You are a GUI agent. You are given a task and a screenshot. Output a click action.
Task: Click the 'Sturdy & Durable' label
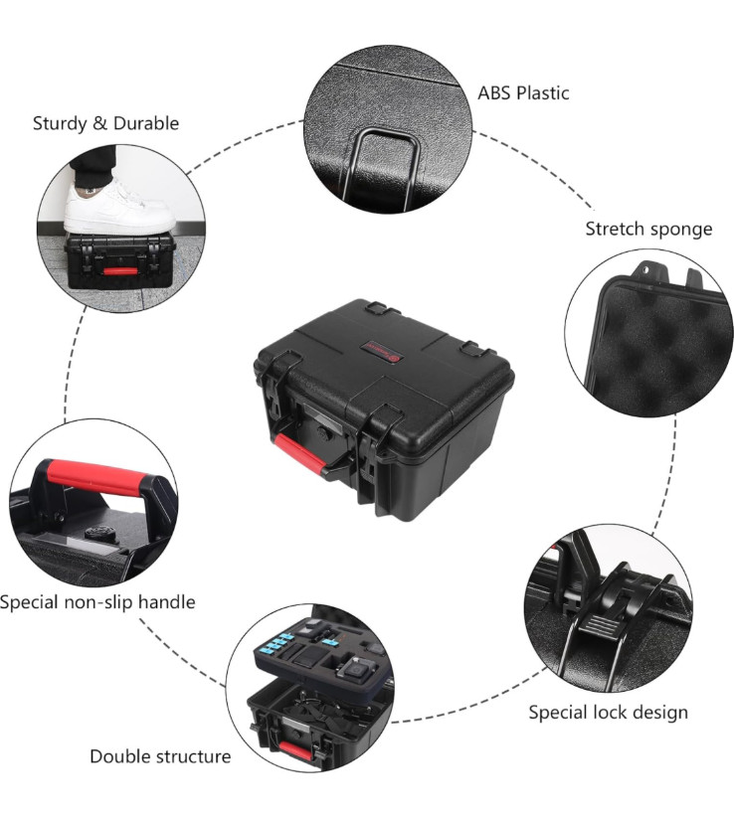tap(105, 123)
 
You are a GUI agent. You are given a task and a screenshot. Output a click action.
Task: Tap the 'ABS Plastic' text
tap(523, 93)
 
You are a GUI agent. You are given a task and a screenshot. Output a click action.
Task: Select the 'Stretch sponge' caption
tap(648, 229)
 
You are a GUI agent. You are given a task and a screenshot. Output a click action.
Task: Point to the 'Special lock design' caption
tap(608, 712)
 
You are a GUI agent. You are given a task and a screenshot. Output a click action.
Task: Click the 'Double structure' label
tap(160, 756)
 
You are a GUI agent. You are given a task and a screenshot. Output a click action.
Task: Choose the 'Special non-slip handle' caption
tap(97, 601)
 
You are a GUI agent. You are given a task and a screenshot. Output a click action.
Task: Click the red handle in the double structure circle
tap(293, 746)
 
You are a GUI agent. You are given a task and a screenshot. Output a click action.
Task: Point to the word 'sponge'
tap(683, 230)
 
